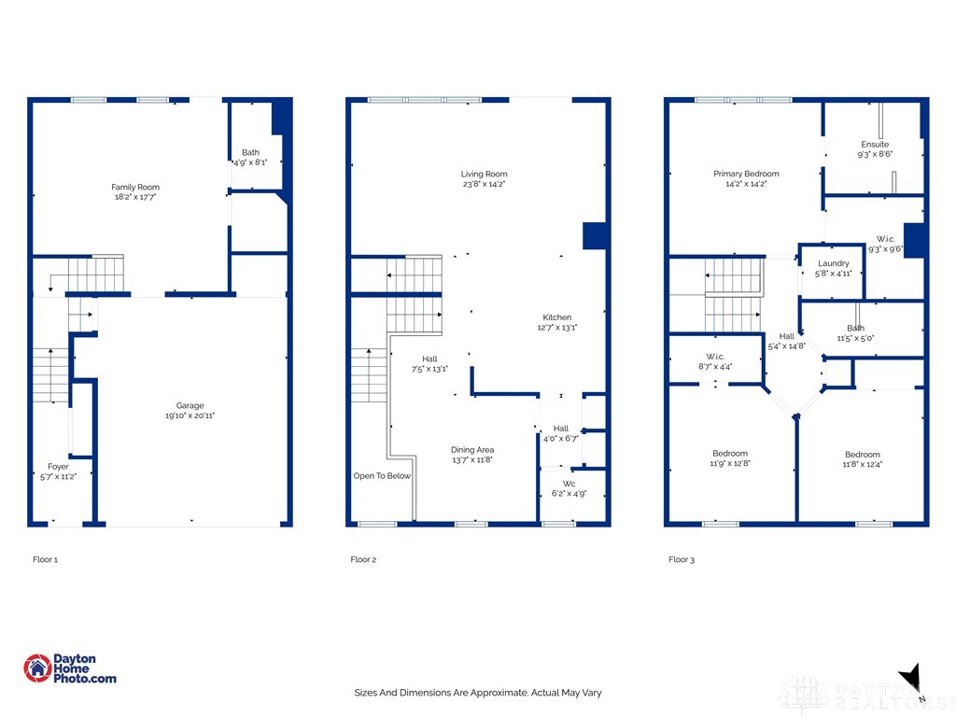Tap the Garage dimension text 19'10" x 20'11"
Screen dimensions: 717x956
click(x=190, y=415)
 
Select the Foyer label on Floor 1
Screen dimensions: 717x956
click(x=58, y=467)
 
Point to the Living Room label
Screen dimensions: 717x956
click(x=484, y=174)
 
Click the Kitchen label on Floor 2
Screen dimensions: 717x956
click(x=557, y=317)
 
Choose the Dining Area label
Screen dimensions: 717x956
click(x=472, y=449)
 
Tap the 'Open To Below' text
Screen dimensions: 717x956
click(x=382, y=476)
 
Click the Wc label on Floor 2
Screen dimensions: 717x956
click(x=569, y=483)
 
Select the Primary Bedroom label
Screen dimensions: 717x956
click(x=746, y=174)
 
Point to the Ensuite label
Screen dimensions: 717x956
click(x=875, y=145)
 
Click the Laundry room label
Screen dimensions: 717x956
click(x=833, y=263)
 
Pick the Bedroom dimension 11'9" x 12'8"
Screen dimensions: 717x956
click(x=730, y=463)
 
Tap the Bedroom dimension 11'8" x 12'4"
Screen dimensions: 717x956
click(x=862, y=464)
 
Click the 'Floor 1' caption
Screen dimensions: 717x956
click(x=45, y=560)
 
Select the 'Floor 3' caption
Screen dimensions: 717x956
click(x=681, y=560)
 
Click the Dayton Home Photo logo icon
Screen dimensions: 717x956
click(x=37, y=668)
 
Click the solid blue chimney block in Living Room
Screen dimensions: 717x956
click(x=594, y=235)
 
